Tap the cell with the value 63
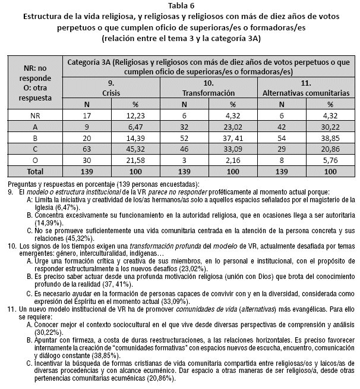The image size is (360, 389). pos(87,149)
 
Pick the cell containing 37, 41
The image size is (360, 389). pos(232,138)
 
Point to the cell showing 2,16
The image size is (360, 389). pos(232,159)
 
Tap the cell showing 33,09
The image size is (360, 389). pos(232,149)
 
